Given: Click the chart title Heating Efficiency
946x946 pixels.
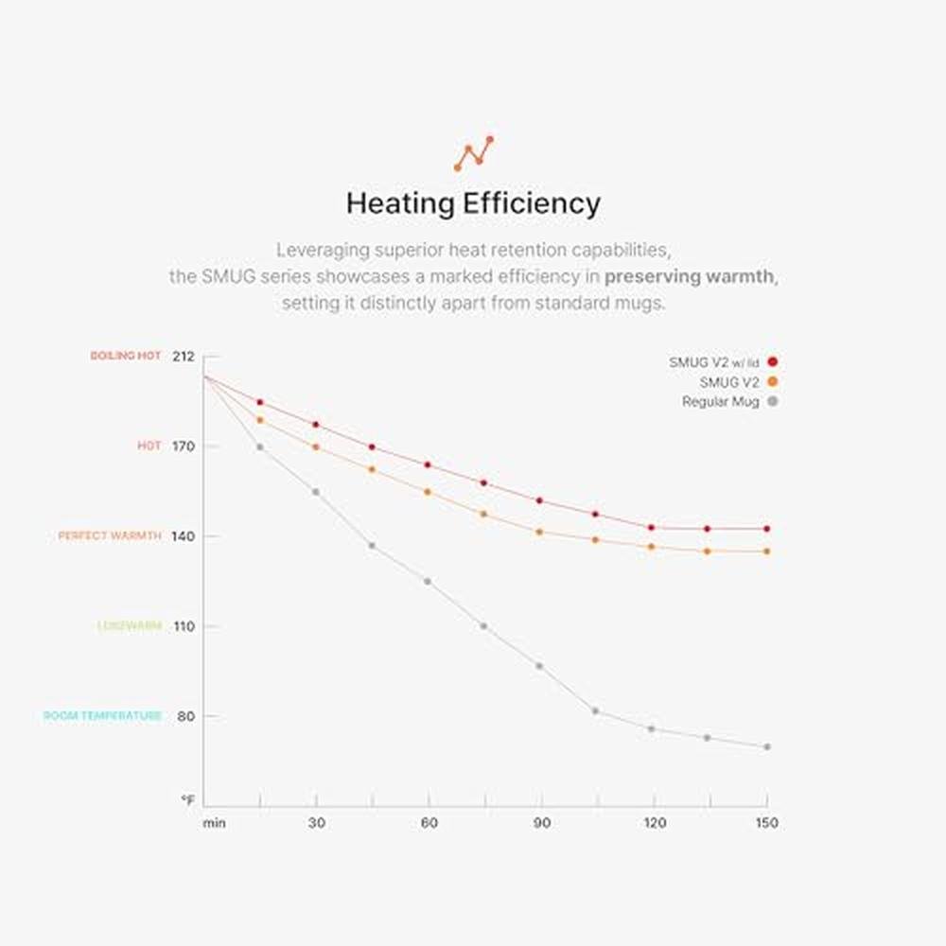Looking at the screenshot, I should click(472, 203).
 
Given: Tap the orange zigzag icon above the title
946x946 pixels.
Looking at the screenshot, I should click(473, 153).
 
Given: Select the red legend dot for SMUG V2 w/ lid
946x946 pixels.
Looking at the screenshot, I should click(773, 362).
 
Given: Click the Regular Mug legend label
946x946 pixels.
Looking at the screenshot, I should click(720, 402).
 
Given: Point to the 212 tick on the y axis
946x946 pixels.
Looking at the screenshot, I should click(183, 357).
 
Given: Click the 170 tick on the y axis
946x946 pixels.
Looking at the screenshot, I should click(183, 446).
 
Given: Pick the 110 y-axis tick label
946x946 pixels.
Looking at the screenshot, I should click(183, 626).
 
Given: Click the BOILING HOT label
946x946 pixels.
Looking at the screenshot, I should click(126, 357).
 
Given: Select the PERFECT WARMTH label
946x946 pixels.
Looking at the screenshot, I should click(110, 536).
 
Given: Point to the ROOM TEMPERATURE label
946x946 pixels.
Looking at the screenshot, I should click(102, 716).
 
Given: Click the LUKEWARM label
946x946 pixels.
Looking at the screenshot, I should click(130, 626).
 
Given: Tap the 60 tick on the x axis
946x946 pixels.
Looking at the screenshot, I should click(429, 823).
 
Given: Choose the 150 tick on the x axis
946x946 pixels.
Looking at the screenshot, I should click(767, 823).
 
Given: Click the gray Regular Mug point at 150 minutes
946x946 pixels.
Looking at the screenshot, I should click(767, 747).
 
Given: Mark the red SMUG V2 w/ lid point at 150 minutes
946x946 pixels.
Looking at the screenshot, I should click(767, 529).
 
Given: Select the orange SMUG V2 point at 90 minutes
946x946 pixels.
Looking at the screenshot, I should click(539, 532).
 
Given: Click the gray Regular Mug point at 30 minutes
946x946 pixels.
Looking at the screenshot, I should click(315, 492).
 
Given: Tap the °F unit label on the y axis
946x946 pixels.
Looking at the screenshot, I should click(188, 800).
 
